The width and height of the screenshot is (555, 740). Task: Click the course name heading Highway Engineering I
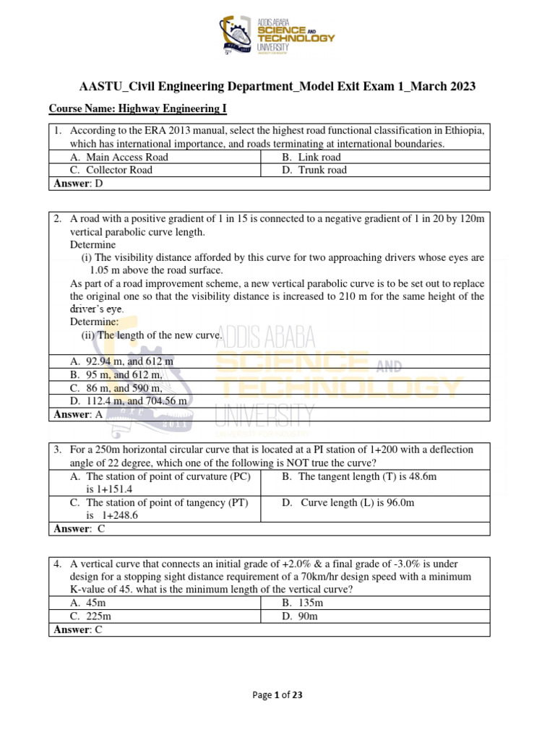(x=138, y=109)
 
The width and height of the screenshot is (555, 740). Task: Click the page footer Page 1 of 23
(x=277, y=695)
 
